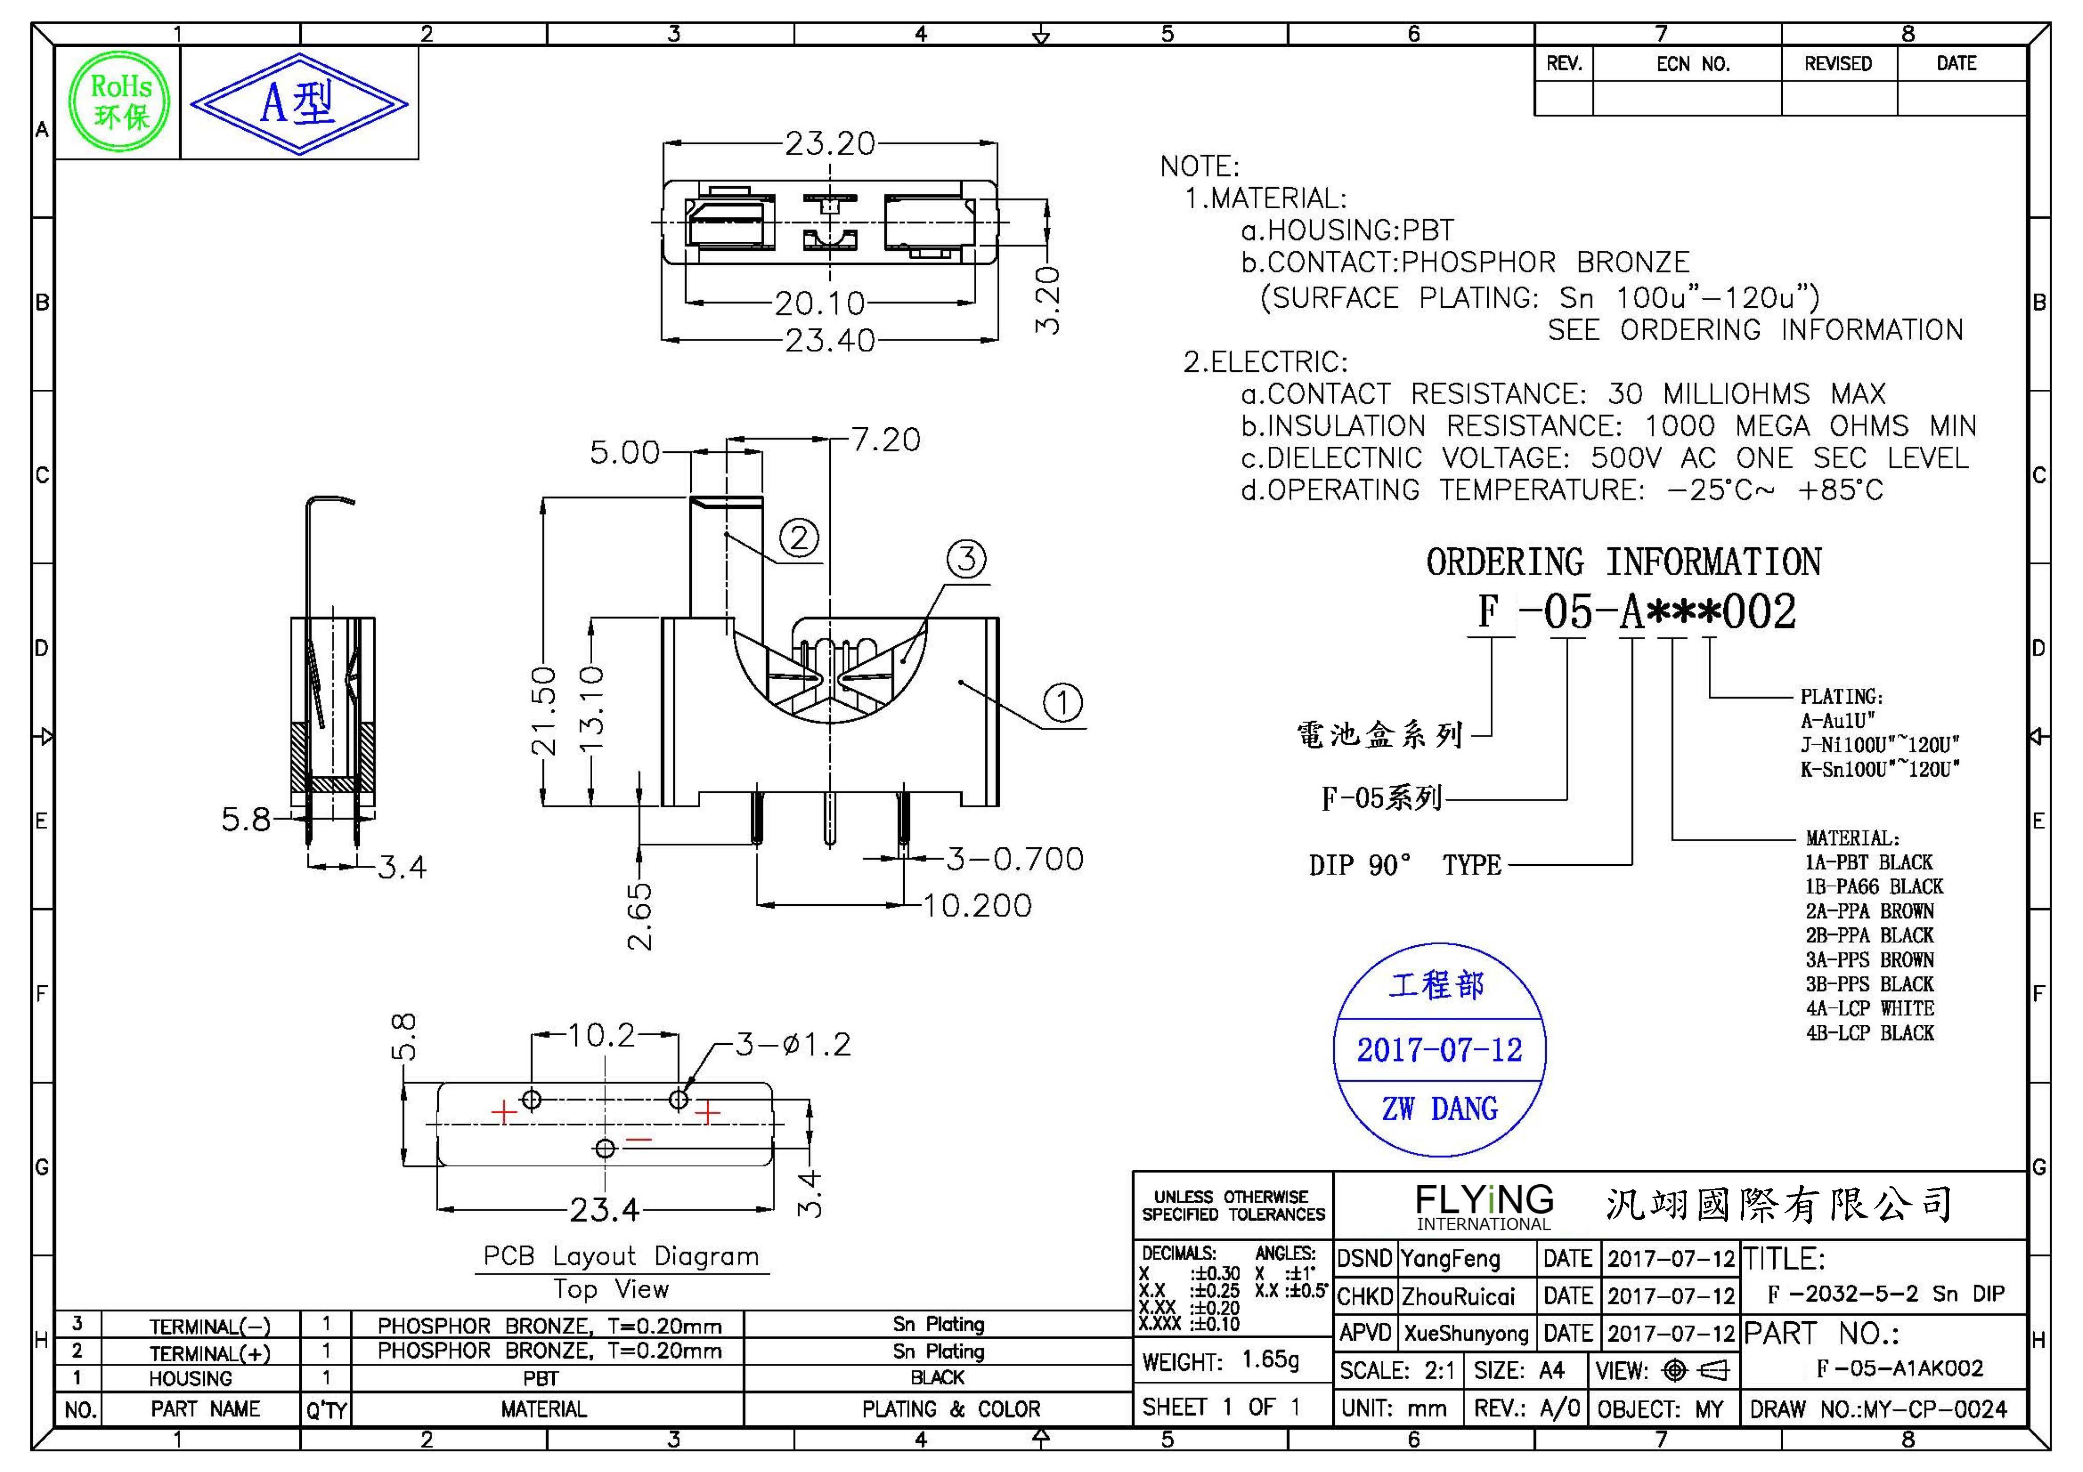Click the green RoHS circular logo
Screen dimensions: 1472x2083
(x=120, y=102)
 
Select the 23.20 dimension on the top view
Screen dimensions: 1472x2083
(x=829, y=143)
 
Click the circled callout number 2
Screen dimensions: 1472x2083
(x=799, y=539)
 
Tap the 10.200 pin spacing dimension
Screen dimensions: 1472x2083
(x=977, y=905)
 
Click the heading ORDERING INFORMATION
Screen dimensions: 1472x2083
(x=1623, y=562)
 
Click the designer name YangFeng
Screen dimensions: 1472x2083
(x=1450, y=1259)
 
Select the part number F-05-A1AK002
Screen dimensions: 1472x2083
(x=1900, y=1368)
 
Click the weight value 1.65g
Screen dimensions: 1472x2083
(x=1270, y=1360)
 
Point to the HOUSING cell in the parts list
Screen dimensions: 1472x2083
(x=190, y=1379)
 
